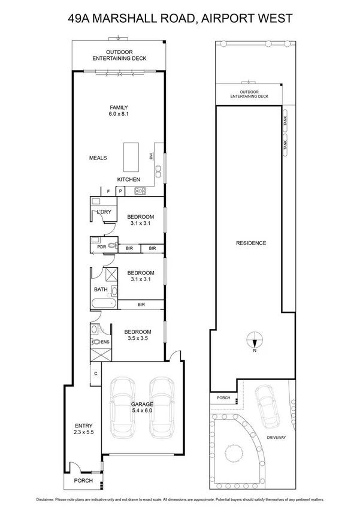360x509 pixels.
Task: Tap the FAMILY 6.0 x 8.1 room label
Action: [x=118, y=110]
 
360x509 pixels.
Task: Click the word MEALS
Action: [x=98, y=158]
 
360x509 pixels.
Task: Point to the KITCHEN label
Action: [x=128, y=179]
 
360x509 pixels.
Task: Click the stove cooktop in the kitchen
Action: [x=141, y=191]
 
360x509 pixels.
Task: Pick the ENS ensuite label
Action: [x=105, y=342]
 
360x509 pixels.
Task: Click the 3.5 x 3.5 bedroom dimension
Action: [x=137, y=339]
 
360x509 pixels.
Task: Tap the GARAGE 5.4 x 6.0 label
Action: [x=142, y=408]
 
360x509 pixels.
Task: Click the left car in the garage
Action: [x=120, y=407]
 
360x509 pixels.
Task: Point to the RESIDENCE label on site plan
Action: [x=251, y=243]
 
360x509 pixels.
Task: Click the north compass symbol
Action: [x=255, y=341]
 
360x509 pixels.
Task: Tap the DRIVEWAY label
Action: [x=276, y=438]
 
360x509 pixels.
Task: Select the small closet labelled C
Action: [x=96, y=374]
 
